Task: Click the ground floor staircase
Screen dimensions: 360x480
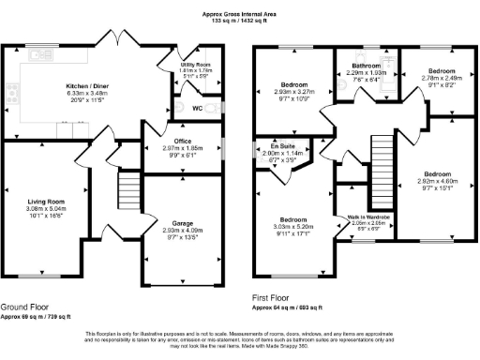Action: [x=128, y=193]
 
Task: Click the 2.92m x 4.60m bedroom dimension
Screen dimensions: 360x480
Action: [x=438, y=181]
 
